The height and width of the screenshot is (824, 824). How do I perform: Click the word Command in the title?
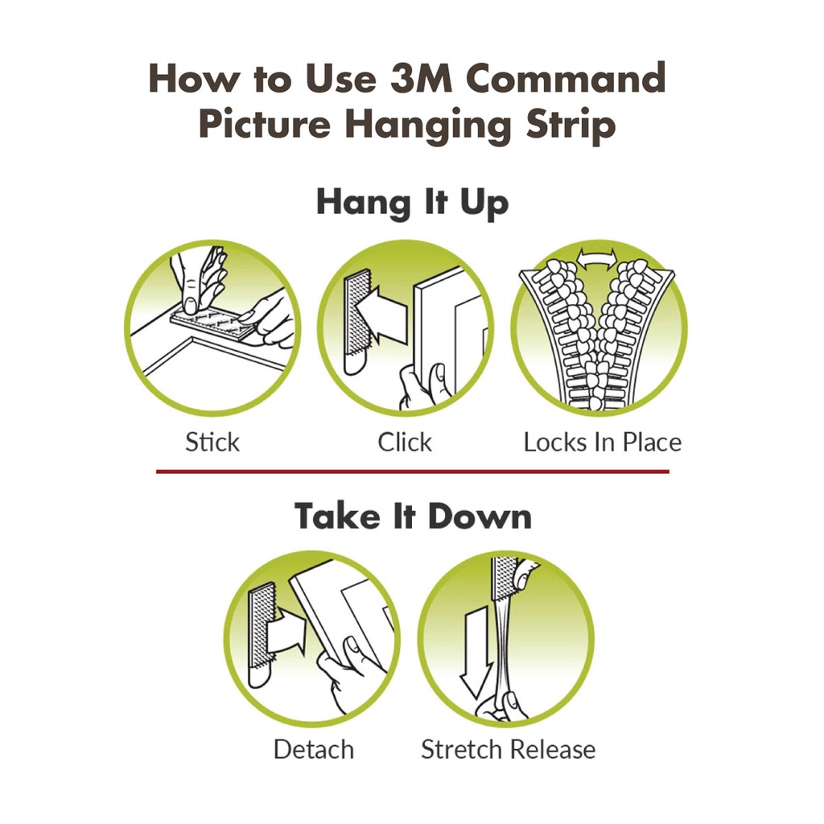tap(566, 79)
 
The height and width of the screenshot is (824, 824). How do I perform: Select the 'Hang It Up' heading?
tap(412, 202)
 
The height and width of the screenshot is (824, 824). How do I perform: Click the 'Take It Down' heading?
tap(413, 516)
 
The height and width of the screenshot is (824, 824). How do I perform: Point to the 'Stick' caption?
tap(212, 442)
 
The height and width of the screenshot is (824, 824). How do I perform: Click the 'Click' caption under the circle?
tap(405, 442)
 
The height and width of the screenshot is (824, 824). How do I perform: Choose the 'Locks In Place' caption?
tap(602, 442)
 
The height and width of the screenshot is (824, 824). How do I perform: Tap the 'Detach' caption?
tap(313, 749)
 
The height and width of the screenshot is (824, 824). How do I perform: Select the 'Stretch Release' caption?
tap(508, 749)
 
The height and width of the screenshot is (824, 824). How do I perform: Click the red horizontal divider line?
tap(412, 472)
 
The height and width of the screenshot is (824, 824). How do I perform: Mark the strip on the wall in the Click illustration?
tap(353, 322)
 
